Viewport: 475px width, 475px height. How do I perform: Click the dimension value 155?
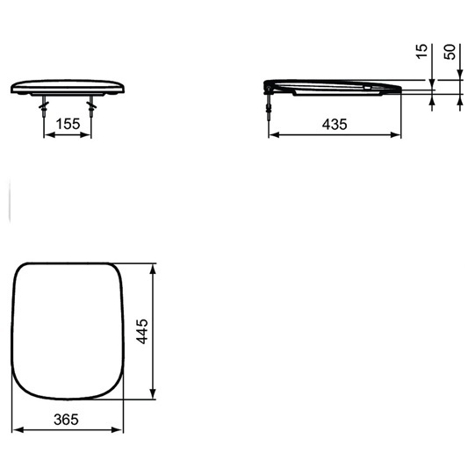68,124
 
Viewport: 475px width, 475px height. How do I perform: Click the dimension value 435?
335,124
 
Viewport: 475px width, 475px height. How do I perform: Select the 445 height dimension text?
141,331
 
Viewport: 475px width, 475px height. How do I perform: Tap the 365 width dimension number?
66,420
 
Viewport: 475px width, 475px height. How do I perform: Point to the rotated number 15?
421,51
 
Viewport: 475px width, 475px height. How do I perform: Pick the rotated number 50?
450,52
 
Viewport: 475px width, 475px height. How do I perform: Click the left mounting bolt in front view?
44,107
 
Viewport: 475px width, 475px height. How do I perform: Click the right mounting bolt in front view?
91,107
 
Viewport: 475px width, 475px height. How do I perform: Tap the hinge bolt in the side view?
269,105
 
